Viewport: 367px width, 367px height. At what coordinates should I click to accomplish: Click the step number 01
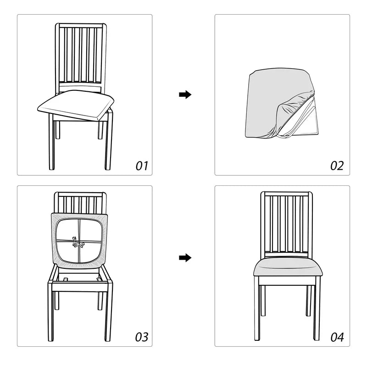click(x=142, y=166)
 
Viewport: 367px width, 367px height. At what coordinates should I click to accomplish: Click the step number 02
click(x=337, y=166)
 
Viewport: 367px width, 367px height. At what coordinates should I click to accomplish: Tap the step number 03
click(x=142, y=337)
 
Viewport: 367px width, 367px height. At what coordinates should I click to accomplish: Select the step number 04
click(x=337, y=337)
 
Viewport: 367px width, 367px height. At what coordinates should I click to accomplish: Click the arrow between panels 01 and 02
click(x=185, y=95)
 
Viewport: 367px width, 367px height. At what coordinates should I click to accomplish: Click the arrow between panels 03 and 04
click(x=185, y=258)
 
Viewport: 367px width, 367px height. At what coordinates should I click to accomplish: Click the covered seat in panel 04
click(x=287, y=267)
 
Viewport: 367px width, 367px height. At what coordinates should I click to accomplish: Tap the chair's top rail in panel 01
click(x=81, y=26)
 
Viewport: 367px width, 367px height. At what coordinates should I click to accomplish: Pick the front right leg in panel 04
click(x=317, y=312)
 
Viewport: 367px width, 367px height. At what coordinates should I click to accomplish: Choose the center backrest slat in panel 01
click(x=81, y=55)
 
